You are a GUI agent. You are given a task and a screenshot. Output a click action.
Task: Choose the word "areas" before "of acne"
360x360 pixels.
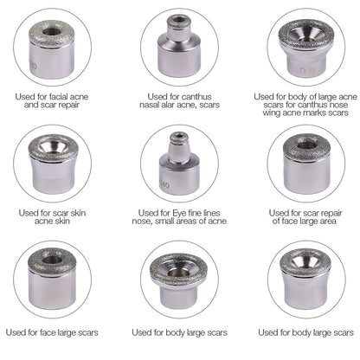coord(201,221)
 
